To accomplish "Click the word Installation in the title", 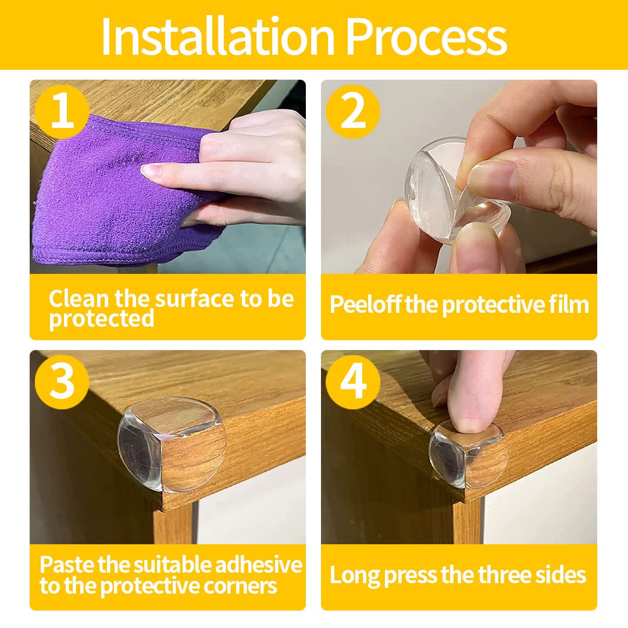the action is coord(218,37).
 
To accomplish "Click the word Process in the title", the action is coord(426,37).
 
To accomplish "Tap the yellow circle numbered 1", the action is coord(62,111).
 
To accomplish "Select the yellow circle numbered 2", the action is coord(353,111).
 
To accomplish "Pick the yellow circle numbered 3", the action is coord(62,382).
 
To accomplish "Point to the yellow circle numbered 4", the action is coord(353,382).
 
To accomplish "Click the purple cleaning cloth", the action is coord(116,192).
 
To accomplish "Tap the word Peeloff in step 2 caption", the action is coord(365,305).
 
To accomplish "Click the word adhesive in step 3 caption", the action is coord(259,565).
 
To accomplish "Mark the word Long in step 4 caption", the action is coord(355,576).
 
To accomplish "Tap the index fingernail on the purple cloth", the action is coord(151,171).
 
